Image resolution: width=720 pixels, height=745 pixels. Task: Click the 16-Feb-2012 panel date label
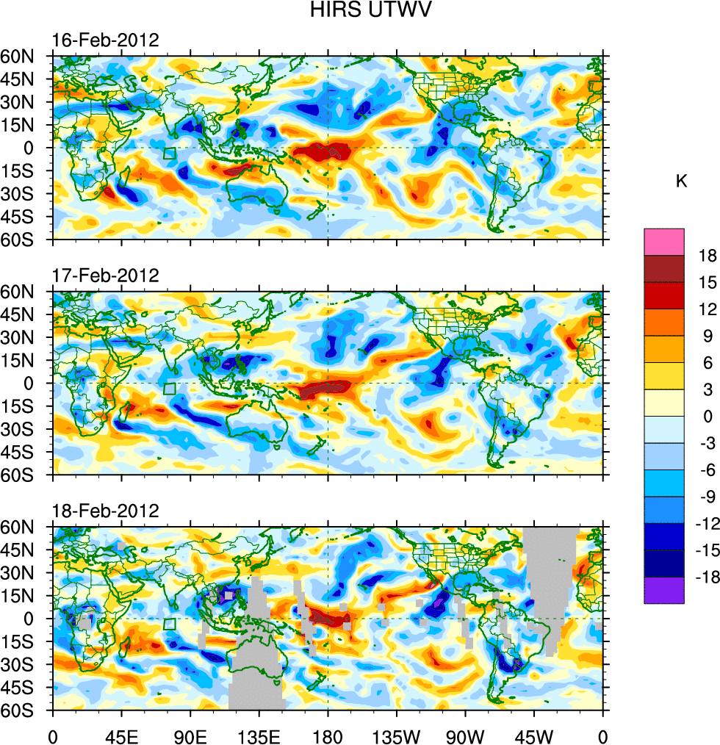pos(105,40)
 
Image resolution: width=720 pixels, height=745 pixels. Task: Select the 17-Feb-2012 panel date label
pos(105,276)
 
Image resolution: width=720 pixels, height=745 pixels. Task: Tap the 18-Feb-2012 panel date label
pos(105,511)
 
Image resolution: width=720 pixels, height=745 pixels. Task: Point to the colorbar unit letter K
pos(682,181)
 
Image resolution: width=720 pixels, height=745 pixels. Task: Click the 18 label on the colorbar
pos(707,256)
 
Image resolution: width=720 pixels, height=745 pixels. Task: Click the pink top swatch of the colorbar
pos(663,242)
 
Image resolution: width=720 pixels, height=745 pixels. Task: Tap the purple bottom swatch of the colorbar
pos(663,590)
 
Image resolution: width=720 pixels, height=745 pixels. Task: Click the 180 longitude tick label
pos(328,734)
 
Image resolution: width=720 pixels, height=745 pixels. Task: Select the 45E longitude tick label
pos(121,734)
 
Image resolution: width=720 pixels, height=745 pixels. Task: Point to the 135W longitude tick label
pos(396,734)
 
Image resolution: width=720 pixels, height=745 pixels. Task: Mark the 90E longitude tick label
pos(190,734)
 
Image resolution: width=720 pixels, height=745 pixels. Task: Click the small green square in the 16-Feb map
pos(170,154)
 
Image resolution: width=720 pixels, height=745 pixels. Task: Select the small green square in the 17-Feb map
pos(170,389)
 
